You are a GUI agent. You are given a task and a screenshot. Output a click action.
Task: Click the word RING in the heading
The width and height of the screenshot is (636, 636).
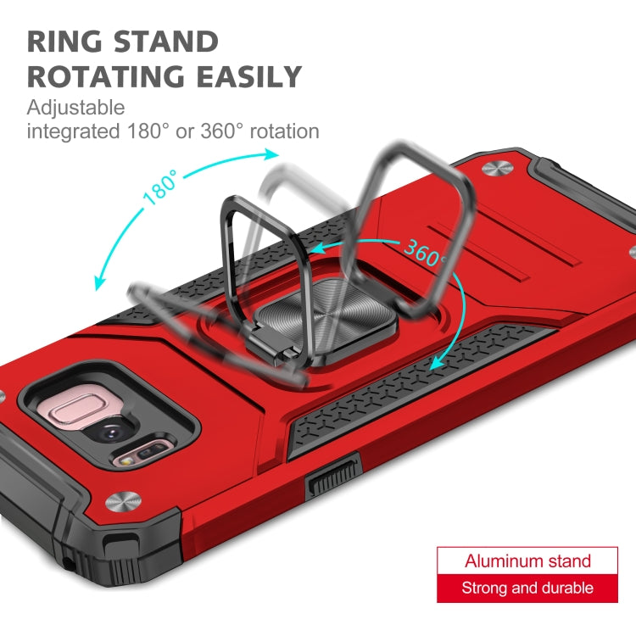click(x=64, y=42)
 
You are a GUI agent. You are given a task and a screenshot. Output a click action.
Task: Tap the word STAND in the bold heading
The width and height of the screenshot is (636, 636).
click(x=166, y=42)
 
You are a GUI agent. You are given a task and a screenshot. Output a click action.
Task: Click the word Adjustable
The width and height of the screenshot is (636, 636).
click(x=75, y=108)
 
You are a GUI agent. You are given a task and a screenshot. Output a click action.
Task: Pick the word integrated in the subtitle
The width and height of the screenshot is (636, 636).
click(x=73, y=131)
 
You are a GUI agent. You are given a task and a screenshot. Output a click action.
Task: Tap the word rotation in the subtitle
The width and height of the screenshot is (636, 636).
click(x=284, y=131)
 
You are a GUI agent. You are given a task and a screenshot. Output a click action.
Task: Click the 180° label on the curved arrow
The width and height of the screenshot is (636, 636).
click(x=160, y=187)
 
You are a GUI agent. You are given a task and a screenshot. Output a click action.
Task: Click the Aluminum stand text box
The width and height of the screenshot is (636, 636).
click(x=527, y=561)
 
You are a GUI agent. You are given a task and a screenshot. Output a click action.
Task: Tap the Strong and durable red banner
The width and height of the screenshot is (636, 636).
click(x=527, y=589)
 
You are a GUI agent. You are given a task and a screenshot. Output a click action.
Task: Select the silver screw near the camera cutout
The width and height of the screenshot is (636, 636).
click(x=123, y=502)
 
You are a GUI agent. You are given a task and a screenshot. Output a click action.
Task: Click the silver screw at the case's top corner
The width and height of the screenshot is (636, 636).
click(x=496, y=168)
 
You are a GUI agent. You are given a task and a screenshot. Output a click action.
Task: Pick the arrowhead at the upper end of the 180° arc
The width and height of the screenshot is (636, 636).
click(x=271, y=154)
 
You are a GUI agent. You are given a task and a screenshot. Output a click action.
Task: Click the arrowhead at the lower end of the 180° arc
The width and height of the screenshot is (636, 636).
click(x=98, y=282)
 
